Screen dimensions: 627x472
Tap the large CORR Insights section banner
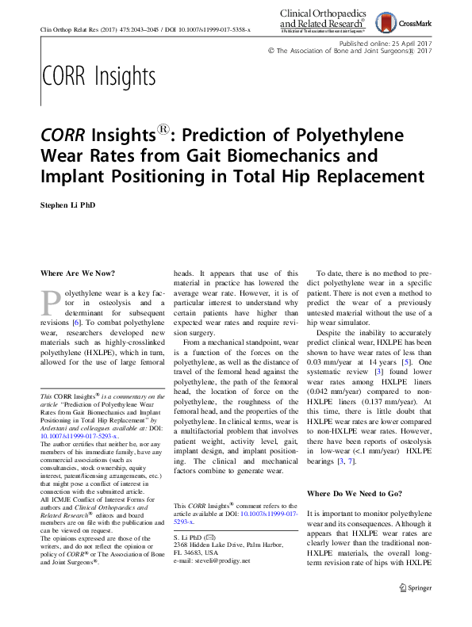pyautogui.click(x=98, y=77)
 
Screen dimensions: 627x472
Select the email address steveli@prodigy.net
pyautogui.click(x=217, y=560)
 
